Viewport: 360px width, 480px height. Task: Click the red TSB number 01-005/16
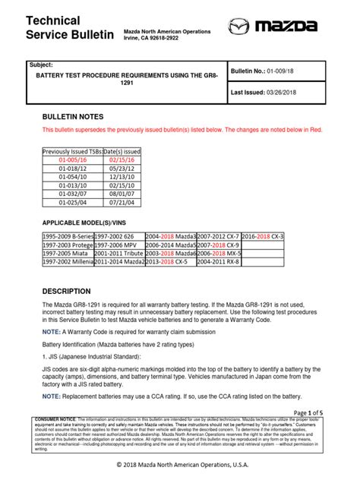click(74, 160)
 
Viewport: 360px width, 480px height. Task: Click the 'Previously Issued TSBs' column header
click(74, 151)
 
